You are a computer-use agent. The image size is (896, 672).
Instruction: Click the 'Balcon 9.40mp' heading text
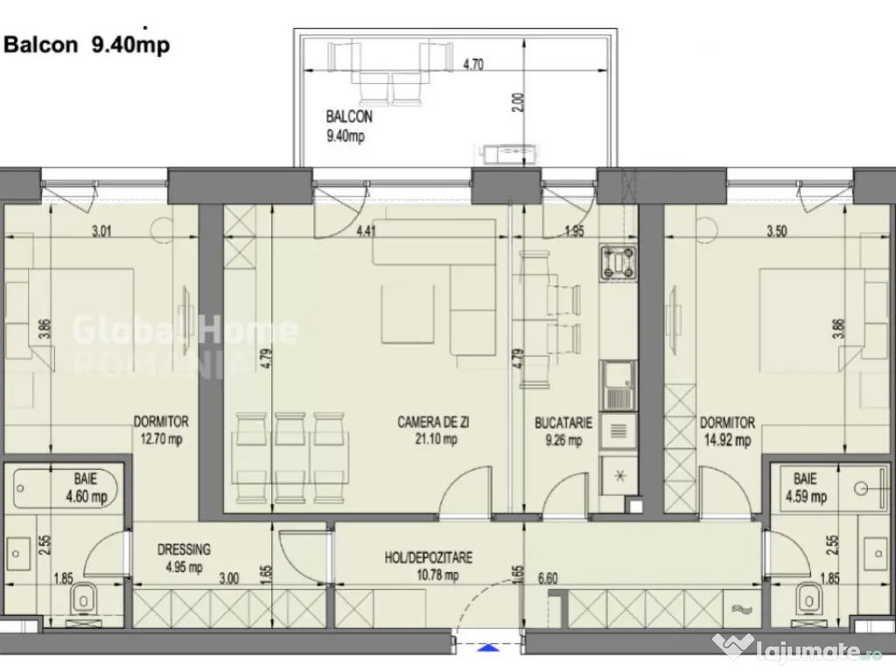[x=87, y=45]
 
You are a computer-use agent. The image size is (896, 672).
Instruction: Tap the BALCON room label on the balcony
[x=349, y=116]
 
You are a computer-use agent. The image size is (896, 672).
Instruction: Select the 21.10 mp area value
[x=436, y=440]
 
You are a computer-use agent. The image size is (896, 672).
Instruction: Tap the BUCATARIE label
[x=563, y=423]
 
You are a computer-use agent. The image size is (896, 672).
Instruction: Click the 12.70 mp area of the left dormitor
[x=160, y=439]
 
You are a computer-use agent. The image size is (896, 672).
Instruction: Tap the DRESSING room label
[x=183, y=549]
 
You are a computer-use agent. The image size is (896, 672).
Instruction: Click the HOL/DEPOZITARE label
[x=429, y=557]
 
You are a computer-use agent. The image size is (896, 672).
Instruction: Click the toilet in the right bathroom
[x=810, y=599]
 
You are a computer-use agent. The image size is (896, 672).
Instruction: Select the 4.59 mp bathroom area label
[x=806, y=496]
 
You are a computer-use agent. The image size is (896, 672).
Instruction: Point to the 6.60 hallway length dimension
[x=548, y=578]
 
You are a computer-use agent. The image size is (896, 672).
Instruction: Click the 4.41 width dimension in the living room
[x=367, y=232]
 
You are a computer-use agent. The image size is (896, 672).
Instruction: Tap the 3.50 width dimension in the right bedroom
[x=773, y=232]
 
